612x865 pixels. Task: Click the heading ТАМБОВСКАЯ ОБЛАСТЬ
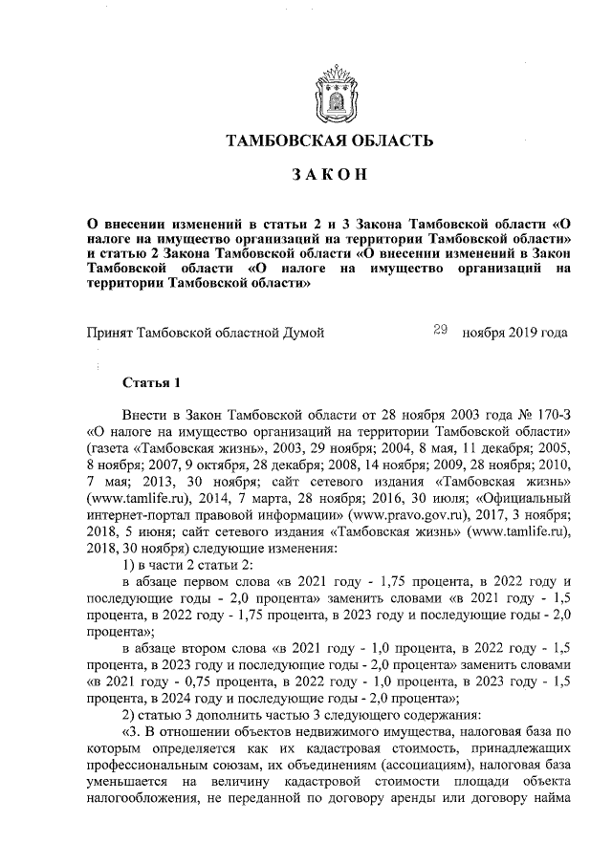tap(329, 141)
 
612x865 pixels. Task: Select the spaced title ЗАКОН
tap(329, 175)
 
